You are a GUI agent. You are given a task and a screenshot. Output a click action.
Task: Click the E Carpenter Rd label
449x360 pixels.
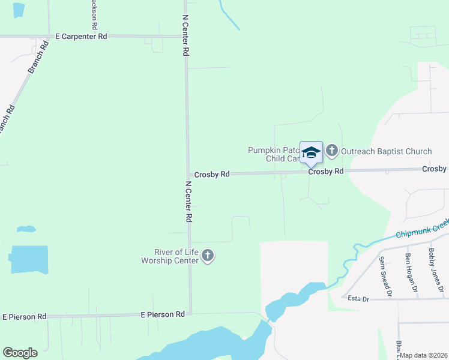click(81, 37)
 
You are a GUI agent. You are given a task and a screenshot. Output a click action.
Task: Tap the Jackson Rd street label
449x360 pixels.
click(94, 15)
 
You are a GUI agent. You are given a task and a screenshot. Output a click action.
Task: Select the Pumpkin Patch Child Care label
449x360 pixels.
click(274, 155)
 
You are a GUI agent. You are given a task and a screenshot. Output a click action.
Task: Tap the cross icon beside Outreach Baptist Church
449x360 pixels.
click(332, 151)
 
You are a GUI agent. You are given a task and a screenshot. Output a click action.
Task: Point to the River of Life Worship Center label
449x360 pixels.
click(169, 256)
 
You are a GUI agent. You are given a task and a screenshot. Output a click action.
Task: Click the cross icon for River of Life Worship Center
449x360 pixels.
click(208, 256)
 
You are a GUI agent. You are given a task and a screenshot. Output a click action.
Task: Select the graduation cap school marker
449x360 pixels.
click(311, 152)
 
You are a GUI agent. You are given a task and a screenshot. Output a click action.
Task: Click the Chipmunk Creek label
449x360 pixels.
click(423, 229)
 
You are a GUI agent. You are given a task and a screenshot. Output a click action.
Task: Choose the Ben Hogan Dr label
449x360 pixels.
click(411, 274)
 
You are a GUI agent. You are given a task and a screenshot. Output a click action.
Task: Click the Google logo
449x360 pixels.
click(20, 353)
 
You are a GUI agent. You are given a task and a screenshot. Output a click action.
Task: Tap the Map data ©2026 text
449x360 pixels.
click(423, 355)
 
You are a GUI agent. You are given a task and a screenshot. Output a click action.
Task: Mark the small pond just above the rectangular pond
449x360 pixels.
click(26, 229)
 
